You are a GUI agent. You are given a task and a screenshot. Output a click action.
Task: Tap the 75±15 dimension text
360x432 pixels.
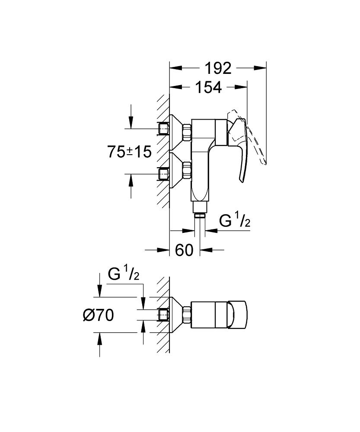[x=129, y=152]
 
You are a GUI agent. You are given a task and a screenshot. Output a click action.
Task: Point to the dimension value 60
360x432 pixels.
[x=184, y=250]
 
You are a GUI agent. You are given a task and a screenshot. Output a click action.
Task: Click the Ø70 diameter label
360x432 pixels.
[x=98, y=316]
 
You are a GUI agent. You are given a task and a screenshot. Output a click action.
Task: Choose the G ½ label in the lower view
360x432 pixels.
[x=123, y=275]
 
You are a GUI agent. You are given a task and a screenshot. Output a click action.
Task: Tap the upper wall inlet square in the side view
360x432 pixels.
[x=163, y=128]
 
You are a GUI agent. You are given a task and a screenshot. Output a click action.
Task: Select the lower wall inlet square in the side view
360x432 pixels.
[x=163, y=174]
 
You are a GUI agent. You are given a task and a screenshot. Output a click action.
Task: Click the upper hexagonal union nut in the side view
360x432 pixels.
[x=187, y=133]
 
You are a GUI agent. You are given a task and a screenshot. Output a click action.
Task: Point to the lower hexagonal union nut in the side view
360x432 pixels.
[x=187, y=170]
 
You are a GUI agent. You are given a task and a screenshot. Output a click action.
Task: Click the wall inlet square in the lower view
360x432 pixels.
[x=163, y=315]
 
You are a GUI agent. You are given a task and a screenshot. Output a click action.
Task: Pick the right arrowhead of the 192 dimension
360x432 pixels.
[x=261, y=68]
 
